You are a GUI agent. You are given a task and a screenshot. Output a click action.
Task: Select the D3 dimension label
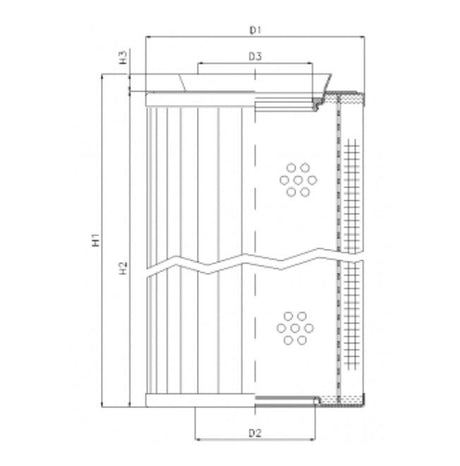point(255,57)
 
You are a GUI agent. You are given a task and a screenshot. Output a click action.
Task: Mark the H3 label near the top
point(121,57)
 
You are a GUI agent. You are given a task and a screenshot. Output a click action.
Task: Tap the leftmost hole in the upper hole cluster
point(283,180)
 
